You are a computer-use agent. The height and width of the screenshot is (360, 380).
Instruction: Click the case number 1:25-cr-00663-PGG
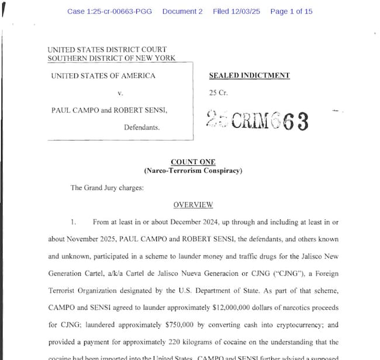[109, 12]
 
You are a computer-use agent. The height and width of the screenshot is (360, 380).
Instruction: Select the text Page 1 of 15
[291, 12]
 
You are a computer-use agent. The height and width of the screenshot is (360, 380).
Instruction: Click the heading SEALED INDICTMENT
[249, 76]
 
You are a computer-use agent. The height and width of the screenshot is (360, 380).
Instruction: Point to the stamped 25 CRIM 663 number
[257, 121]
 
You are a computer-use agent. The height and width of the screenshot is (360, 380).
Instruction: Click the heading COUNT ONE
[193, 162]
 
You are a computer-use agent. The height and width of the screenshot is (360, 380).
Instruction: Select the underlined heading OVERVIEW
[193, 205]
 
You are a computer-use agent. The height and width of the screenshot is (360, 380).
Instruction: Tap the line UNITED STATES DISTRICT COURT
[107, 50]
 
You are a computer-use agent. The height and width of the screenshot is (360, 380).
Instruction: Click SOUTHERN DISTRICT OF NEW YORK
[111, 59]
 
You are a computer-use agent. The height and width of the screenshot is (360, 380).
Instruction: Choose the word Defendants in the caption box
[141, 127]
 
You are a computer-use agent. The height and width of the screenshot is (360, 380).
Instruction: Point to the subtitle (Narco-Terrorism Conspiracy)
[193, 171]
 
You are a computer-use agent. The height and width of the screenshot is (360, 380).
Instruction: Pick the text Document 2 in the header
[182, 12]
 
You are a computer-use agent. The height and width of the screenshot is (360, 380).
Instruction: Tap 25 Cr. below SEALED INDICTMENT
[217, 93]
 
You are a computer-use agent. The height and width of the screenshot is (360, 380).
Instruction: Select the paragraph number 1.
[74, 222]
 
